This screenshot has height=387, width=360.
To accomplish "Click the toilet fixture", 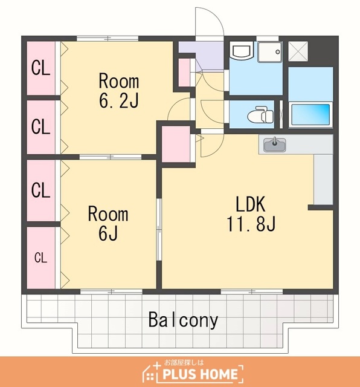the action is (260, 115).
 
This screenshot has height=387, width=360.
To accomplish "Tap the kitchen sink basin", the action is (275, 145).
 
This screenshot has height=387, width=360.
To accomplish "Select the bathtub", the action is (310, 115).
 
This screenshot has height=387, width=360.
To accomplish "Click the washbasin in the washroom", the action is (242, 50).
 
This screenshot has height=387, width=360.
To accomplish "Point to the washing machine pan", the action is (269, 52).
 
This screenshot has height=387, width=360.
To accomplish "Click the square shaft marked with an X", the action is (298, 51).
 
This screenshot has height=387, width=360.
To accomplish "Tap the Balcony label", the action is (183, 320).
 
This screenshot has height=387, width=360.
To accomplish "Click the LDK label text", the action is (251, 204).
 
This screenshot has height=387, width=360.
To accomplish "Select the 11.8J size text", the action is (251, 224).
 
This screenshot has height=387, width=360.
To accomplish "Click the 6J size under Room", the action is (108, 233).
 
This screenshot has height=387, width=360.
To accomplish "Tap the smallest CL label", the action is (40, 258).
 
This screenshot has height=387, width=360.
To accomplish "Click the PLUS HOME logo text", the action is (200, 374).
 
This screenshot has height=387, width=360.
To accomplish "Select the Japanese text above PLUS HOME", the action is (184, 363).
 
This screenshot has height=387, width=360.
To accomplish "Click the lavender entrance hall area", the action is (201, 56).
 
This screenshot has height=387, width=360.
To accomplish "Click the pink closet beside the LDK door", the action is (176, 144).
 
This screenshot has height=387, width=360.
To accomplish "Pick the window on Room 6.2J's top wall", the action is (108, 39).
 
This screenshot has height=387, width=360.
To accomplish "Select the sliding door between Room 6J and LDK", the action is (159, 229).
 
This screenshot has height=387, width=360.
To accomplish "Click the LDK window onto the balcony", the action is (252, 291).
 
